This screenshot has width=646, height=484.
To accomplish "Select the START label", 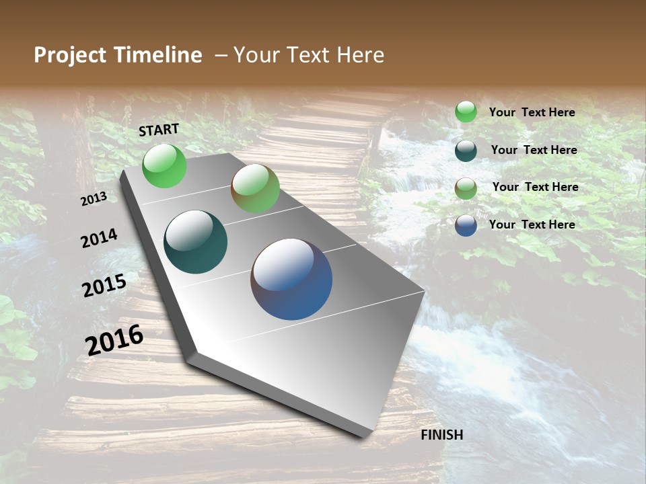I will pyautogui.click(x=159, y=130).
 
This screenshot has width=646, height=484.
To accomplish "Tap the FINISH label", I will pyautogui.click(x=442, y=435).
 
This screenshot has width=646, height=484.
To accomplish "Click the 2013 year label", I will pyautogui.click(x=94, y=199).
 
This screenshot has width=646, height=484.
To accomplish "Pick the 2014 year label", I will pyautogui.click(x=99, y=238).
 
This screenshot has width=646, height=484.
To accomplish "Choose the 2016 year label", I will pyautogui.click(x=114, y=339).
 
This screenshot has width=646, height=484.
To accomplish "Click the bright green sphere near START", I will pyautogui.click(x=164, y=165).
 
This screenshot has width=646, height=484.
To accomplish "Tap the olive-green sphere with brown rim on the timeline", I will pyautogui.click(x=255, y=188).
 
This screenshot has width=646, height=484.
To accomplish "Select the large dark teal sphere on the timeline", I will pyautogui.click(x=195, y=242).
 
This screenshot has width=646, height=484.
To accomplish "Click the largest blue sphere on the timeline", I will pyautogui.click(x=291, y=279).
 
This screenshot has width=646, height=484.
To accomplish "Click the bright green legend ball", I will pyautogui.click(x=466, y=112).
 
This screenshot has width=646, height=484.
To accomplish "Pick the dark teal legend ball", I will pyautogui.click(x=466, y=151).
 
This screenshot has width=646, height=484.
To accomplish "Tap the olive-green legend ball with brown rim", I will pyautogui.click(x=466, y=188).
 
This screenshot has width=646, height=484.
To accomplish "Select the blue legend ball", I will pyautogui.click(x=466, y=225).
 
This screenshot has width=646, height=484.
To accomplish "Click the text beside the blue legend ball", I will pyautogui.click(x=532, y=225).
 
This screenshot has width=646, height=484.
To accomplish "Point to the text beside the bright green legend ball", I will pyautogui.click(x=532, y=112).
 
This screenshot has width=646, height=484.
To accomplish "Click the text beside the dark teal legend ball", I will pyautogui.click(x=534, y=150).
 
